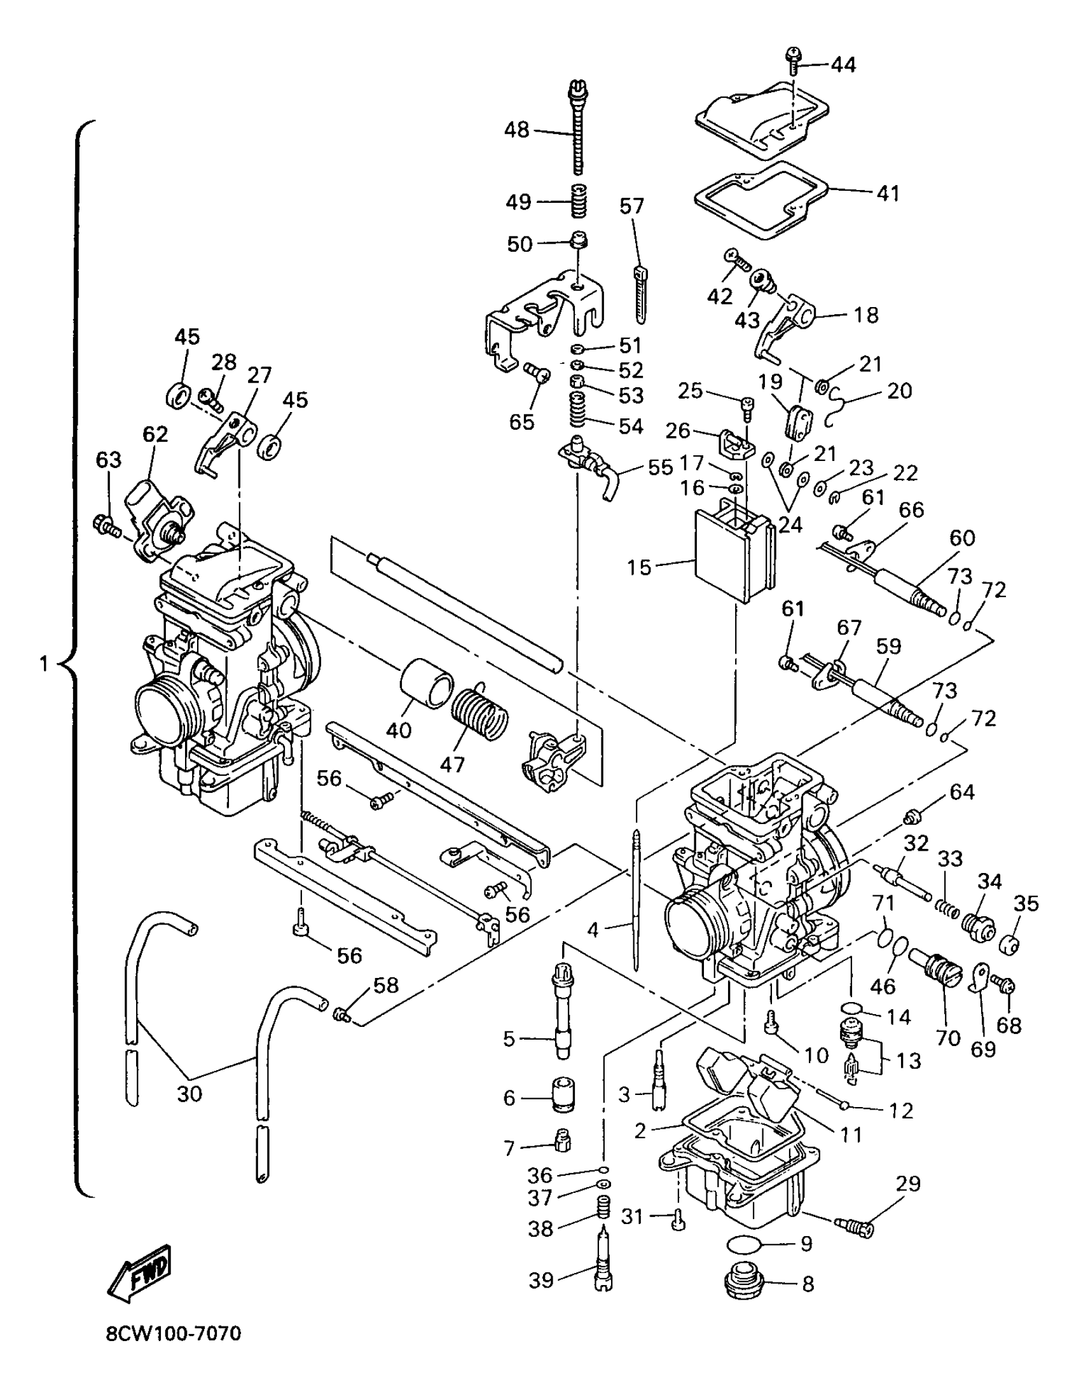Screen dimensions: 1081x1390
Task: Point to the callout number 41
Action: pyautogui.click(x=888, y=193)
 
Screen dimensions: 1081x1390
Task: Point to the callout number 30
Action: pyautogui.click(x=189, y=1094)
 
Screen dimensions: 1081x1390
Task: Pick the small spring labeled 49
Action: pyautogui.click(x=577, y=201)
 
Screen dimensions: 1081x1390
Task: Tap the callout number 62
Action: pyautogui.click(x=155, y=434)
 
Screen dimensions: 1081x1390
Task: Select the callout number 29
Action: pyautogui.click(x=908, y=1184)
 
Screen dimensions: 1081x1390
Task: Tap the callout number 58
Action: pyautogui.click(x=385, y=986)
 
